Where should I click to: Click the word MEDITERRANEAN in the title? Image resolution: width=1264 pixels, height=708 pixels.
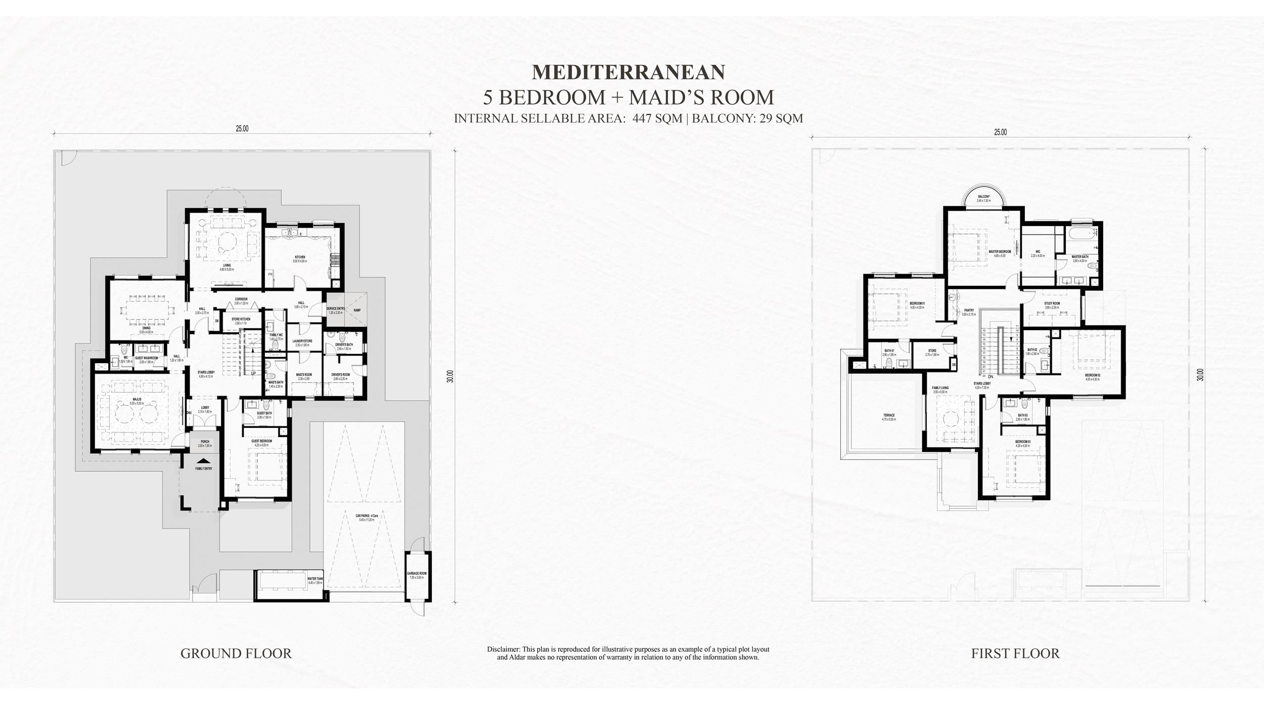[628, 72]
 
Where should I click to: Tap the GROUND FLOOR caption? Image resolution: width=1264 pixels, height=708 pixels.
[236, 653]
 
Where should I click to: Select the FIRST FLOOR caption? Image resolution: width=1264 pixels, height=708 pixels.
[1015, 653]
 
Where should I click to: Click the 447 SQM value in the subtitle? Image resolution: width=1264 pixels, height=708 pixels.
[657, 118]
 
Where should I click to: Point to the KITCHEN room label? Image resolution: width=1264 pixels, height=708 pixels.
[300, 257]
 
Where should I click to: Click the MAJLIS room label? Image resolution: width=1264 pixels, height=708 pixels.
[137, 400]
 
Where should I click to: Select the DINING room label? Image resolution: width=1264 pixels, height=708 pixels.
[146, 328]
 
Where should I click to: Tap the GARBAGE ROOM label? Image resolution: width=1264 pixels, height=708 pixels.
[417, 573]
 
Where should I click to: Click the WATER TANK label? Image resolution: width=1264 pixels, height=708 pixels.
[315, 579]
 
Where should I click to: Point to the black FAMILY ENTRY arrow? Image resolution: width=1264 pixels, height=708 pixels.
[204, 461]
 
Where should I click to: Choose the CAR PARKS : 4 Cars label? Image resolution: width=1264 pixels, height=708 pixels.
[364, 516]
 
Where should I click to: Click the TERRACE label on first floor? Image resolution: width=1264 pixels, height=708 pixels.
[888, 416]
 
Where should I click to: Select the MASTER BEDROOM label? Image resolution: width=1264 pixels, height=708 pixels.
[1000, 252]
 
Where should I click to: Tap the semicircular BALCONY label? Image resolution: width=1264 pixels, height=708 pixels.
[983, 197]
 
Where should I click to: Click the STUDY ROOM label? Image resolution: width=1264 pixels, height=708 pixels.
[1052, 303]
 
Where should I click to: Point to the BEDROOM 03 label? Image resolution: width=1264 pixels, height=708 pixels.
[1022, 441]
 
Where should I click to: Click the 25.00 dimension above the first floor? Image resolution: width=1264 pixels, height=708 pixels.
[1000, 132]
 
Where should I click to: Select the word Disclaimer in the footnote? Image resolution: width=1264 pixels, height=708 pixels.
[503, 649]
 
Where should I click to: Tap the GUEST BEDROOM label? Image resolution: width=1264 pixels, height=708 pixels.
[261, 441]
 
